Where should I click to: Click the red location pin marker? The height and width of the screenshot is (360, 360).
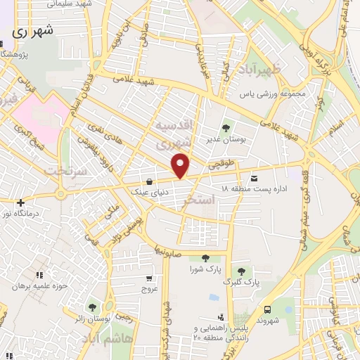tap(181, 165)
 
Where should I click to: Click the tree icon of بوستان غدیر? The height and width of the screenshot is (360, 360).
tap(226, 128)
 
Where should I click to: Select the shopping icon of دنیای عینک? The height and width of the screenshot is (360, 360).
tap(148, 179)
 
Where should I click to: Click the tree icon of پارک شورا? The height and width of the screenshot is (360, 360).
tap(205, 258)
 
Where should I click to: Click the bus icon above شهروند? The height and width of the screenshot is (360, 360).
tap(267, 309)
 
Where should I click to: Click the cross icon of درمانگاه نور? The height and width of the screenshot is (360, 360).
tap(21, 202)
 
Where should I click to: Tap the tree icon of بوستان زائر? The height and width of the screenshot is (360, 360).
tap(92, 307)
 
